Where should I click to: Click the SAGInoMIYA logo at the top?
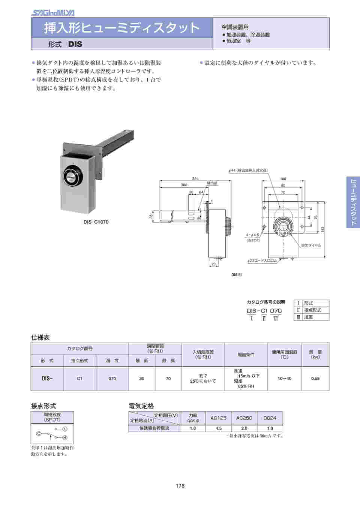pyautogui.click(x=52, y=13)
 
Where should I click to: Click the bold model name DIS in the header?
pyautogui.click(x=75, y=44)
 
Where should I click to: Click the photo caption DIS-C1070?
pyautogui.click(x=96, y=222)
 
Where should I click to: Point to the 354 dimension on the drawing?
pyautogui.click(x=195, y=179)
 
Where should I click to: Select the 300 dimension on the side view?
pyautogui.click(x=184, y=185)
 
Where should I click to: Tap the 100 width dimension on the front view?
pyautogui.click(x=283, y=179)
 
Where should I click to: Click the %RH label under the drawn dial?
pyautogui.click(x=283, y=233)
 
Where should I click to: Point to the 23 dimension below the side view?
pyautogui.click(x=213, y=264)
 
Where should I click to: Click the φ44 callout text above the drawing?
pyautogui.click(x=248, y=170)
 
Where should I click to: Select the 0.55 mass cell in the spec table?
pyautogui.click(x=315, y=379)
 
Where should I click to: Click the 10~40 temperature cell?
pyautogui.click(x=284, y=379)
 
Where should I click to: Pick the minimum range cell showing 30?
pyautogui.click(x=142, y=379)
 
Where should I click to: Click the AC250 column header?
pyautogui.click(x=244, y=418)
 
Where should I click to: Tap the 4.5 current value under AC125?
pyautogui.click(x=219, y=428)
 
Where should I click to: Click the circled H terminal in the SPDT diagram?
pyautogui.click(x=65, y=438)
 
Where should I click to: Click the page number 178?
pyautogui.click(x=180, y=486)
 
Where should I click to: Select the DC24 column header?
pyautogui.click(x=270, y=418)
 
